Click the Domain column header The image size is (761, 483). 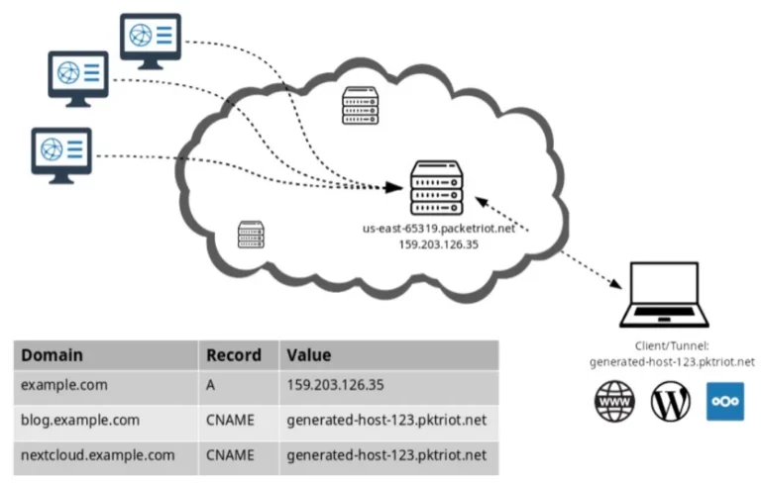[52, 355]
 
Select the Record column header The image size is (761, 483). [234, 355]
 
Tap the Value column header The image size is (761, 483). [309, 355]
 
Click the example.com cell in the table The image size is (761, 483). [64, 385]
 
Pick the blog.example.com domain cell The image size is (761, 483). [80, 420]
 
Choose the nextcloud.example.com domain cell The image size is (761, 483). [97, 455]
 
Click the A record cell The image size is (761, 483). [210, 385]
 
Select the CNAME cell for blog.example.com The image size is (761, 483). [230, 420]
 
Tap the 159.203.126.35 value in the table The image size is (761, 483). [335, 385]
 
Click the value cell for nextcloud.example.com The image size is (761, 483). [386, 455]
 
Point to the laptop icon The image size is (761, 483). [665, 295]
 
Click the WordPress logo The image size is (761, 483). [670, 401]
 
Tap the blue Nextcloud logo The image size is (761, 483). [725, 401]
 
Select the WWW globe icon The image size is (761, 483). [614, 401]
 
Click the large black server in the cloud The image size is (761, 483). [437, 188]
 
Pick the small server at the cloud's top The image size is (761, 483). [360, 105]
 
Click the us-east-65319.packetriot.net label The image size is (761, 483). [439, 229]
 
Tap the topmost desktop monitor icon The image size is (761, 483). [151, 41]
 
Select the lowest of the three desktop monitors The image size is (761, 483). [61, 155]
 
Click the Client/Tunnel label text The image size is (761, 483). [672, 345]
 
